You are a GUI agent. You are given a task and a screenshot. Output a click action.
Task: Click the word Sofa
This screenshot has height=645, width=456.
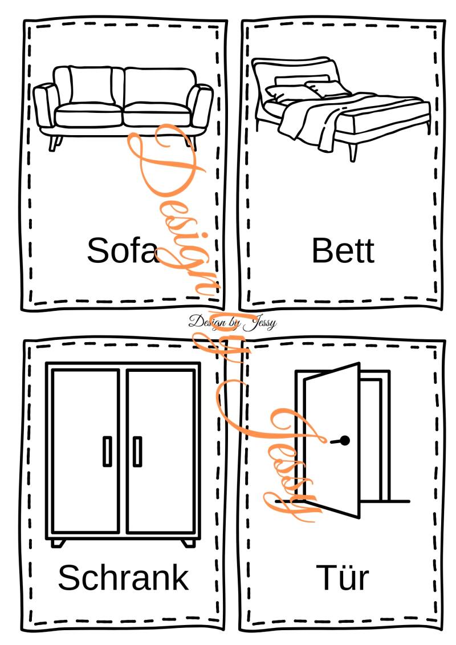point(122,250)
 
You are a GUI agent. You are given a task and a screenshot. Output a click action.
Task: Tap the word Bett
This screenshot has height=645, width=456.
point(343,250)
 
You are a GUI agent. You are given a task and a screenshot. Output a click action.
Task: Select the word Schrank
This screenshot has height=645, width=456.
point(123,577)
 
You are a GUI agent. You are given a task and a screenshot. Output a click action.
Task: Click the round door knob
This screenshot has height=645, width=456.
point(345,441)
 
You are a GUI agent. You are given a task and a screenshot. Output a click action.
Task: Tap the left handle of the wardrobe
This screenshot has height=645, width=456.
point(107,451)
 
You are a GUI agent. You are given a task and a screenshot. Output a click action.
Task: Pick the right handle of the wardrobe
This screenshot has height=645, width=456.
point(137,451)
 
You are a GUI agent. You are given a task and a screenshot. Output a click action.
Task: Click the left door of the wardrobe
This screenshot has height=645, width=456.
point(85,451)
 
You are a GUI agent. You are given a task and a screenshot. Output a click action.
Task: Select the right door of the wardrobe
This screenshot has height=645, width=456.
point(161,451)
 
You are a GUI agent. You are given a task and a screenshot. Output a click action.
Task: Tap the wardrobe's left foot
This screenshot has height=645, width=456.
point(58,543)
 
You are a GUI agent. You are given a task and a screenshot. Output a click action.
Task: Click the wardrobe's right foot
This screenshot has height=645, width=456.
point(188,543)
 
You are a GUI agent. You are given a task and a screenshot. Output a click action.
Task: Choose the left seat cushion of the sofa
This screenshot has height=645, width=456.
point(88,115)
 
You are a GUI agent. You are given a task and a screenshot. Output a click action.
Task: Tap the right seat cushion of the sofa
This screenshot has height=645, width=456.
point(157,114)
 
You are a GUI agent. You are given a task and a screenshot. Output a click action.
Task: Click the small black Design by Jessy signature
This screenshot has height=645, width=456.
point(233,322)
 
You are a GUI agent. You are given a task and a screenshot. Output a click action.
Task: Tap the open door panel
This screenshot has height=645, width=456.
point(332,440)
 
